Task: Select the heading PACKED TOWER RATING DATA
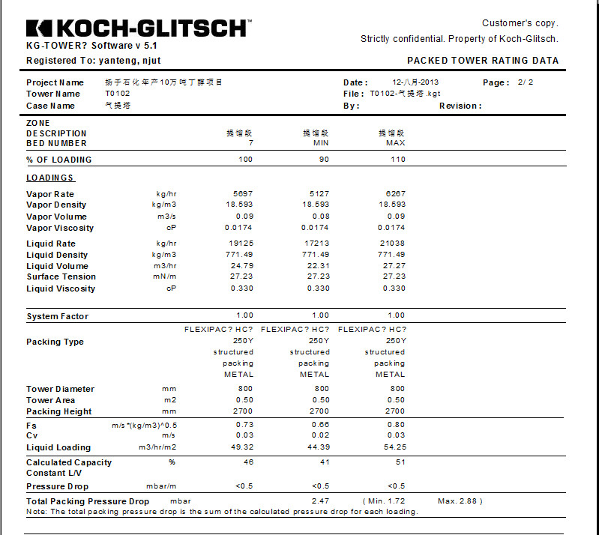point(483,61)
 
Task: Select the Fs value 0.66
point(321,424)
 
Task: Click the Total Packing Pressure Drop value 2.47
point(320,501)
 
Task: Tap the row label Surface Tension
point(61,277)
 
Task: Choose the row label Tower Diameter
point(61,389)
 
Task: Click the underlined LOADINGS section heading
point(50,178)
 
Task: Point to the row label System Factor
point(57,316)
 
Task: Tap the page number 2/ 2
point(526,82)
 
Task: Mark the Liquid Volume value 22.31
point(319,266)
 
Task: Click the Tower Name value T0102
point(118,94)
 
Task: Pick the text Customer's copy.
point(520,23)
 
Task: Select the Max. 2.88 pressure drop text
point(460,501)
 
